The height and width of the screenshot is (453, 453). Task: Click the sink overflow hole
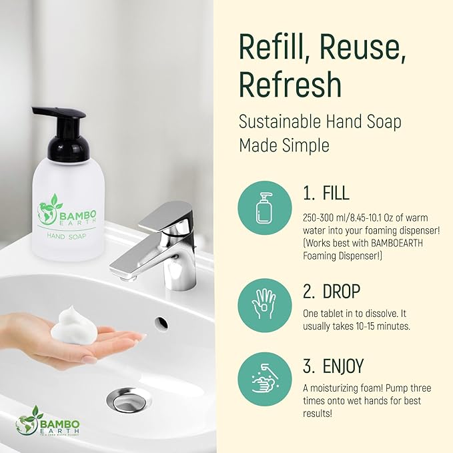pyautogui.click(x=161, y=323)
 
